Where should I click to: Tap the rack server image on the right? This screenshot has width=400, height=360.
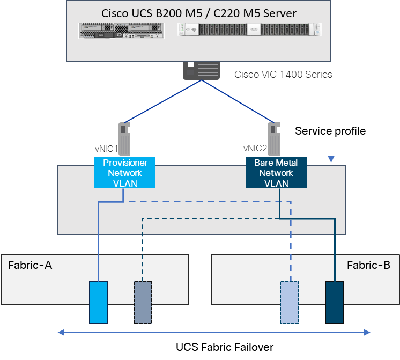tap(250, 30)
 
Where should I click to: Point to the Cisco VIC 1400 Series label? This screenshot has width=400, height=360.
tap(283, 75)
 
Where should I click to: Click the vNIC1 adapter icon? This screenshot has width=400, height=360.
tap(125, 138)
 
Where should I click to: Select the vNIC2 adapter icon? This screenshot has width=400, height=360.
tap(275, 138)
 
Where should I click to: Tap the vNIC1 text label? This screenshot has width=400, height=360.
tap(106, 149)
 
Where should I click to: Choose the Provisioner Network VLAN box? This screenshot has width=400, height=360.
tap(125, 173)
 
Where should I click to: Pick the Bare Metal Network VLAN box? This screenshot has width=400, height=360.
tap(276, 173)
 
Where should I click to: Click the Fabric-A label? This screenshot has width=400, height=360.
tap(30, 265)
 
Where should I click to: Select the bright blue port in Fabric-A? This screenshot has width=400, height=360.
tap(99, 302)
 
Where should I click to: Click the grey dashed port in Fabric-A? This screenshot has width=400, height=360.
tap(143, 302)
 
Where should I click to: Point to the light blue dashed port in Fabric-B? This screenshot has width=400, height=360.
tap(290, 302)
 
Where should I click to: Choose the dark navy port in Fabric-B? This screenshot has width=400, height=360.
tap(335, 302)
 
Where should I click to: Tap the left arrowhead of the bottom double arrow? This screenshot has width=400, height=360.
tap(61, 333)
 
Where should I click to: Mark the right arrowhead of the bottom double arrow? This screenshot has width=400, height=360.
tap(367, 333)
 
